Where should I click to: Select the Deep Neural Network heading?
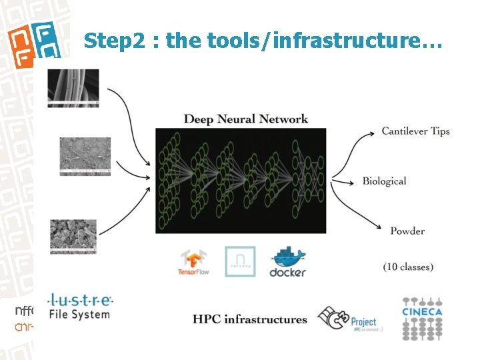(x=245, y=119)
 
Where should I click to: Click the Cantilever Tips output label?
(x=415, y=131)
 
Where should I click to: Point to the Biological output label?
(x=384, y=181)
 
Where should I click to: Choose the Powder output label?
(x=407, y=231)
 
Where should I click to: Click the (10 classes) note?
(x=408, y=267)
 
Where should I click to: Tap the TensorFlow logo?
(x=195, y=262)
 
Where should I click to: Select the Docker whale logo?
(x=287, y=262)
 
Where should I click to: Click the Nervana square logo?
(x=240, y=261)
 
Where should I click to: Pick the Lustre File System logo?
(x=80, y=306)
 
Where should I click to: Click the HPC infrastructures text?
(x=250, y=319)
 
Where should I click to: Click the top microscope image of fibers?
(x=73, y=87)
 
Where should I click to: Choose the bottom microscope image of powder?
(x=73, y=237)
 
